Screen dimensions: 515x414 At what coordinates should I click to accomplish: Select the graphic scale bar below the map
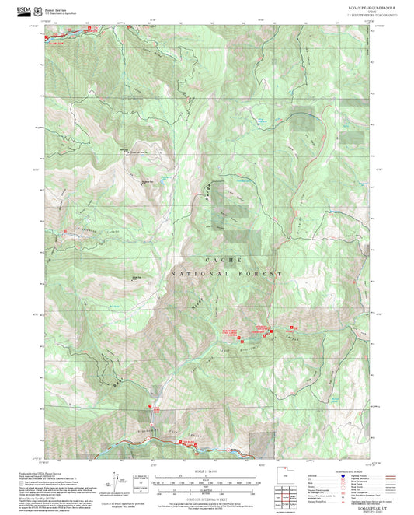pyautogui.click(x=207, y=482)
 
